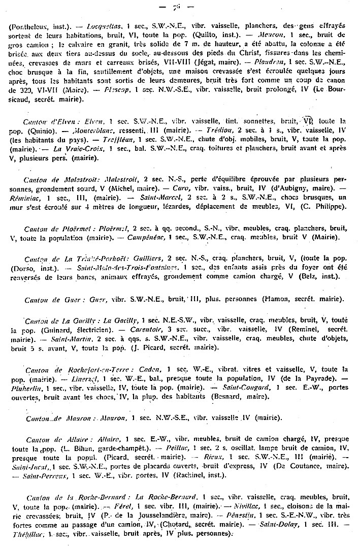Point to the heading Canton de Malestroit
pos(53,180)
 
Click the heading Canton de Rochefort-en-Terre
pos(67,369)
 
